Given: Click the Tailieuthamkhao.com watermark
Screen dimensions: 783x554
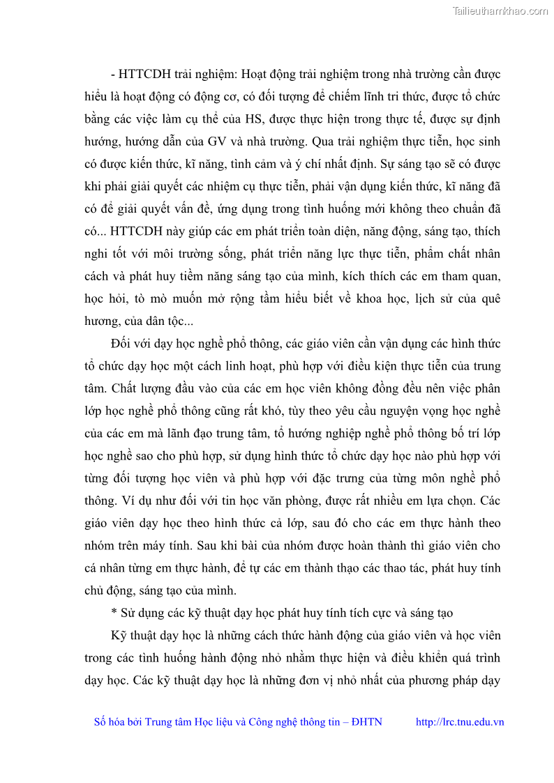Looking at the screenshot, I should pos(500,10).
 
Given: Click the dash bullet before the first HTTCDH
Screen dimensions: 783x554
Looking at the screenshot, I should pos(113,74).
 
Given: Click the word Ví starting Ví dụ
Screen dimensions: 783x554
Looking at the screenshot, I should pos(121,501).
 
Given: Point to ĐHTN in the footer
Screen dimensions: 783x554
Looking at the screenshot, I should pos(368,722).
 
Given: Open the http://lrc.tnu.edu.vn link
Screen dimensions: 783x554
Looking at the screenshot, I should pos(460,722).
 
